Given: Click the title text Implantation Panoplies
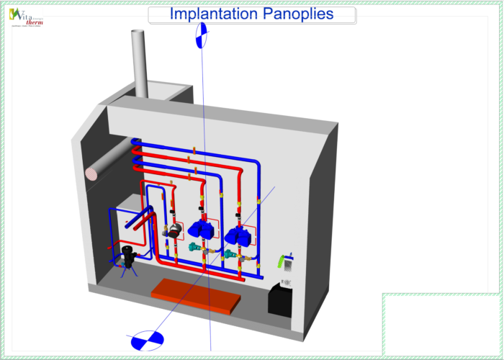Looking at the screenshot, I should (251, 14).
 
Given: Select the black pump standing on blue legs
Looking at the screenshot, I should (129, 256).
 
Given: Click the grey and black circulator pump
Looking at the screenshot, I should (173, 230).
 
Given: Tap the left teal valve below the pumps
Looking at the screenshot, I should (194, 247).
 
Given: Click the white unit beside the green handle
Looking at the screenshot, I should (287, 264).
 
